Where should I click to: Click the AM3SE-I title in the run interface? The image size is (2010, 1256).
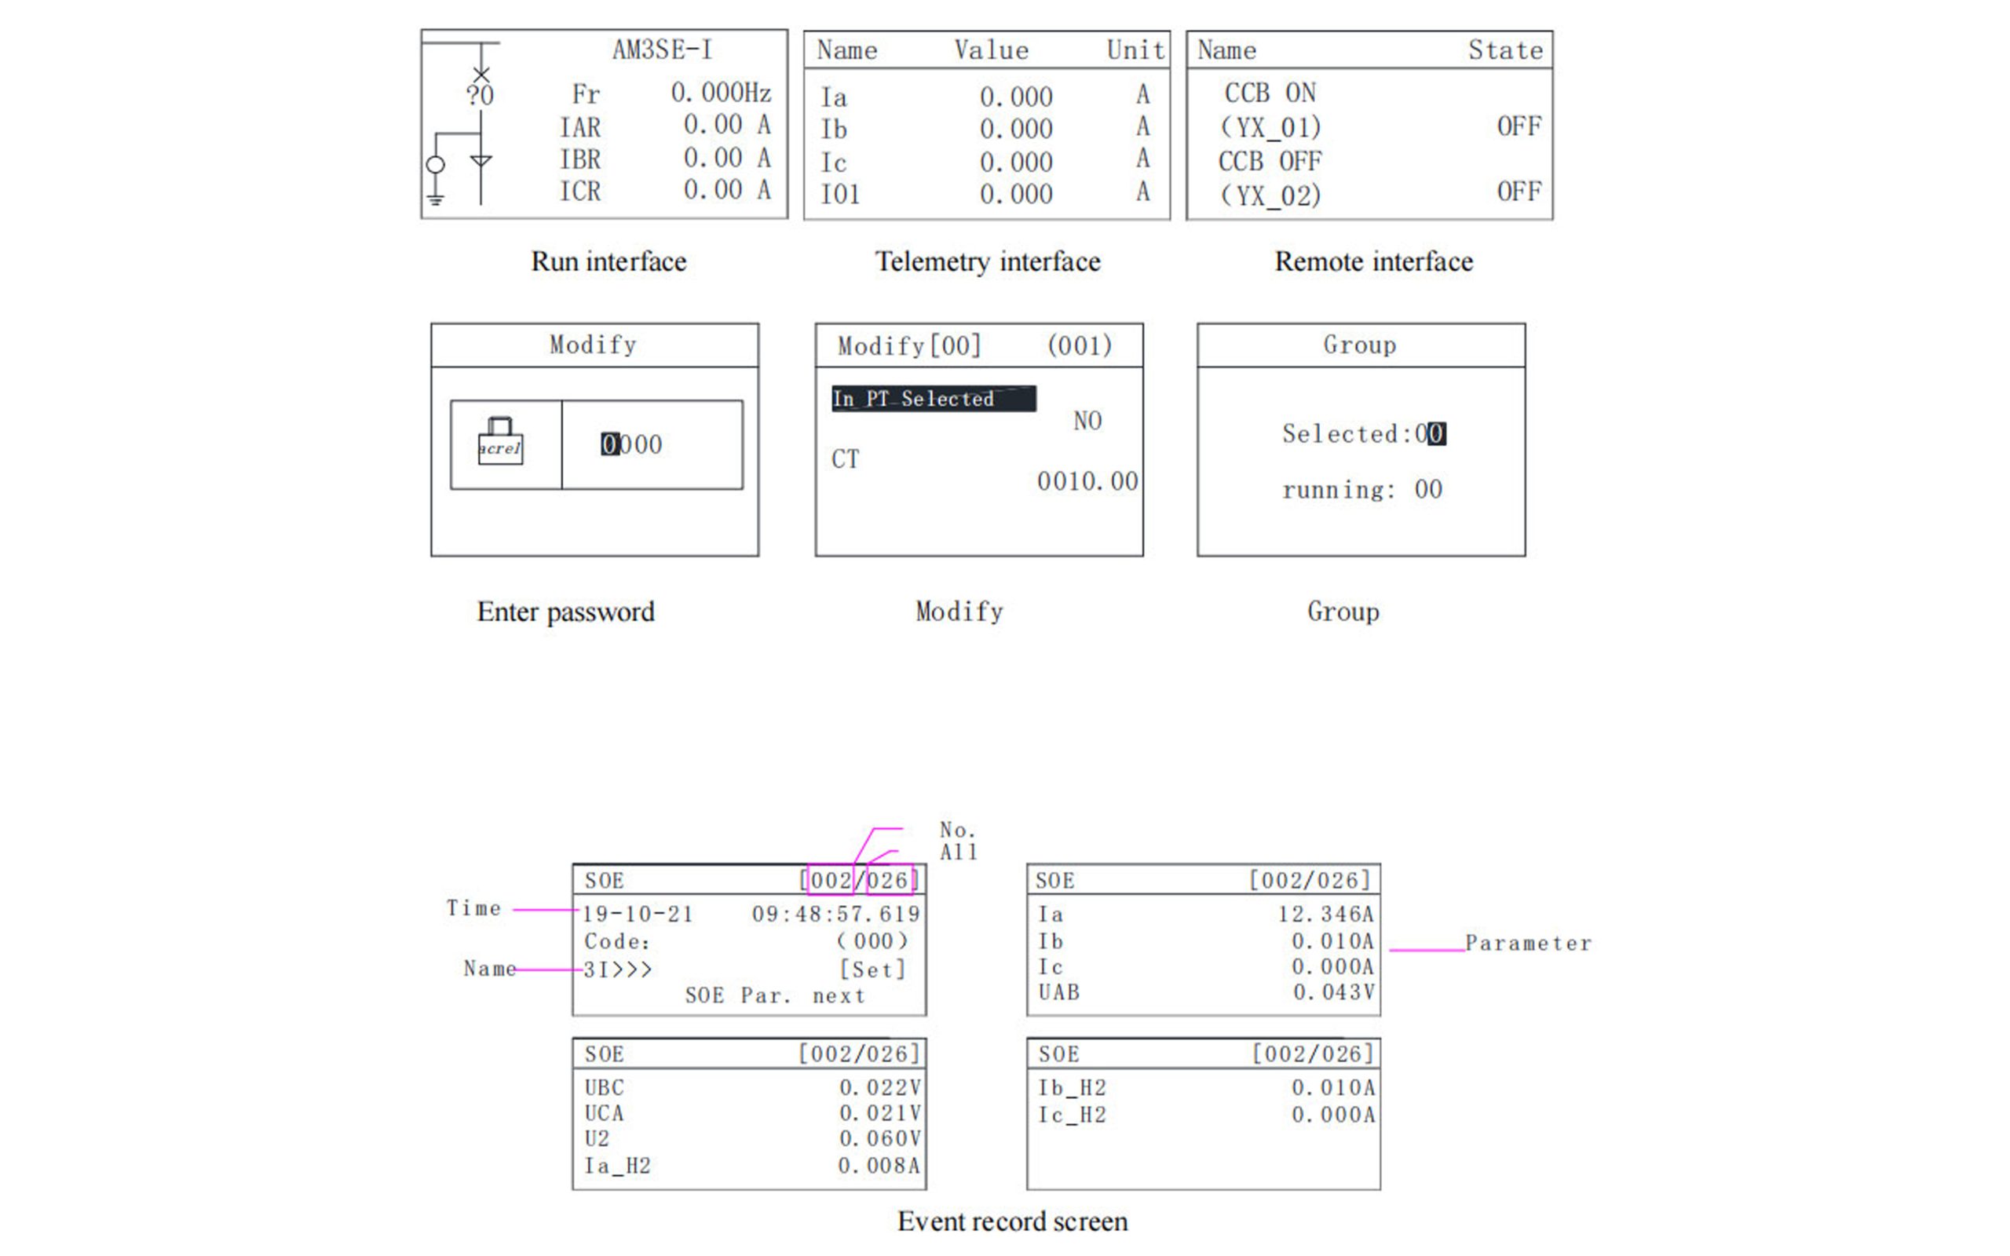pyautogui.click(x=662, y=49)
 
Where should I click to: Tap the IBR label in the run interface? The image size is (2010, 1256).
pyautogui.click(x=579, y=159)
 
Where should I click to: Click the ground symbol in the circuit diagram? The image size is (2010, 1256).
pyautogui.click(x=435, y=198)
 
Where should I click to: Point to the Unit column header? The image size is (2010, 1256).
pyautogui.click(x=1135, y=49)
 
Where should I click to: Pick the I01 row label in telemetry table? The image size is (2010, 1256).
pyautogui.click(x=839, y=195)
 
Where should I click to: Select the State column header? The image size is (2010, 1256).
pyautogui.click(x=1505, y=49)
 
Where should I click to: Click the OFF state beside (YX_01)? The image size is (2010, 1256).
pyautogui.click(x=1518, y=126)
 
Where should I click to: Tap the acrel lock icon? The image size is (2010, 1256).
pyautogui.click(x=500, y=440)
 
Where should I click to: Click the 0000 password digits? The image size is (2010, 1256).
pyautogui.click(x=632, y=444)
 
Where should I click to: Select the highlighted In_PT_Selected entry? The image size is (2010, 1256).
pyautogui.click(x=933, y=399)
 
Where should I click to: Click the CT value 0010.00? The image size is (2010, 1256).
pyautogui.click(x=1087, y=481)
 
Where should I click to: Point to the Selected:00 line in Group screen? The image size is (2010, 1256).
pyautogui.click(x=1363, y=433)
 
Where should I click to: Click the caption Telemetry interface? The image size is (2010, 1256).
pyautogui.click(x=988, y=261)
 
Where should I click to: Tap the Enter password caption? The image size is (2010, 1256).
pyautogui.click(x=565, y=612)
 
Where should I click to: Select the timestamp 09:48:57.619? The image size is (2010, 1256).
pyautogui.click(x=835, y=914)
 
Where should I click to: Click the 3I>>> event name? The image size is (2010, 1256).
pyautogui.click(x=617, y=969)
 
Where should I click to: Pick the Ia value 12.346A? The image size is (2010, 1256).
pyautogui.click(x=1325, y=914)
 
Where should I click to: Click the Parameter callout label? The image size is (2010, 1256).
pyautogui.click(x=1527, y=943)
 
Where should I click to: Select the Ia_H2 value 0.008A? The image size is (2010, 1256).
pyautogui.click(x=879, y=1166)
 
